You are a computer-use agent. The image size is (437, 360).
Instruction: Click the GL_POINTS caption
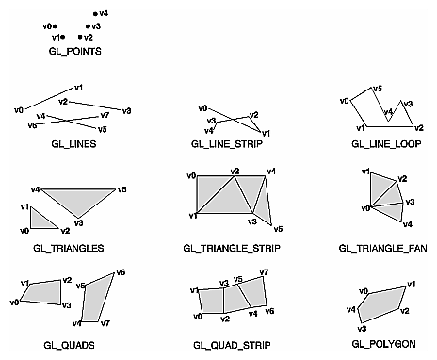[x=74, y=51]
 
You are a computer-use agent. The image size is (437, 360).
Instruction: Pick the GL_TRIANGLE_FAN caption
[x=378, y=248]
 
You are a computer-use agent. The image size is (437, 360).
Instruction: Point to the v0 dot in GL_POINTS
[x=56, y=25]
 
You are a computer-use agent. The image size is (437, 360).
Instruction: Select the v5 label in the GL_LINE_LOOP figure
[x=378, y=89]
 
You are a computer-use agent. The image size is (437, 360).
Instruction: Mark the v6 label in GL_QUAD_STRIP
[x=269, y=311]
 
